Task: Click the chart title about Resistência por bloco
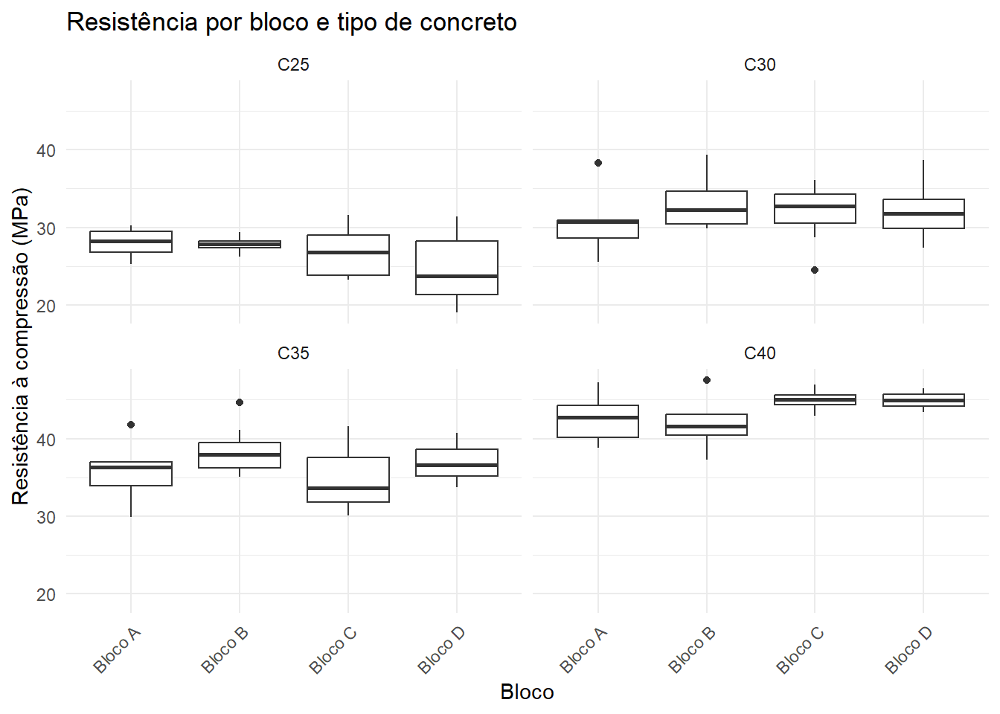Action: (292, 22)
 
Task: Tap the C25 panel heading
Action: (293, 65)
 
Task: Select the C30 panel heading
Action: (760, 65)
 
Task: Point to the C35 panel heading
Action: (293, 353)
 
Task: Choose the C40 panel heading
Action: (760, 353)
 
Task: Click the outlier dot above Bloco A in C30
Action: (598, 163)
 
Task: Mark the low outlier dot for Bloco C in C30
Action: (815, 270)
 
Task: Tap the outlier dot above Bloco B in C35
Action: (240, 402)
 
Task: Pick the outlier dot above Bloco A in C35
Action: (131, 425)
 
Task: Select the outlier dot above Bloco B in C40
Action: (707, 380)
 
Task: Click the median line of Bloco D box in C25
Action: (457, 276)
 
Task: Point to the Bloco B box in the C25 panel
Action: (240, 244)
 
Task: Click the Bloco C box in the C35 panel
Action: (348, 480)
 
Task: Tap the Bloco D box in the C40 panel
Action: (923, 400)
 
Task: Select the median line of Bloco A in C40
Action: (598, 418)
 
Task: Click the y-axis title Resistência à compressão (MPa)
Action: (21, 347)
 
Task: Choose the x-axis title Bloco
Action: (528, 692)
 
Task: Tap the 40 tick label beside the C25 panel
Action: (46, 151)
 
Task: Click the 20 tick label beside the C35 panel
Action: (46, 595)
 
